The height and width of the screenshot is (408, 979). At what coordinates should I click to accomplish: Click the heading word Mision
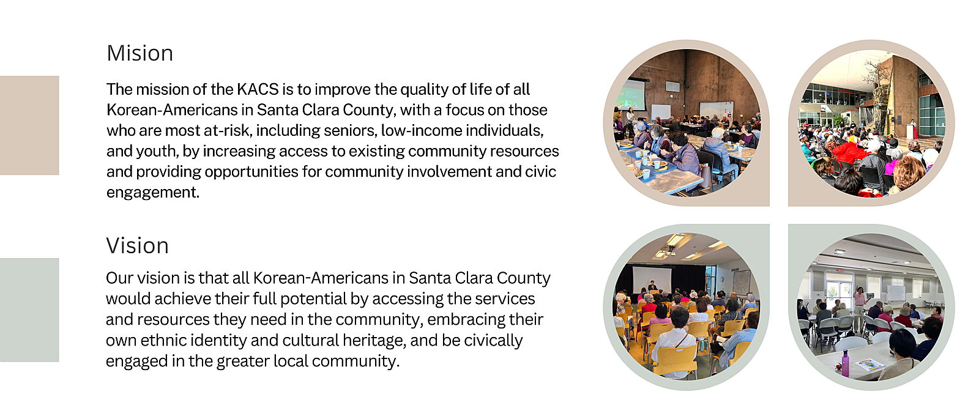pos(140,53)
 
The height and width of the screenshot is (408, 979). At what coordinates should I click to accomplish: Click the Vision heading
pos(137,245)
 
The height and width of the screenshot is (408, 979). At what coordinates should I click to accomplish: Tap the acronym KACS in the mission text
pos(258,89)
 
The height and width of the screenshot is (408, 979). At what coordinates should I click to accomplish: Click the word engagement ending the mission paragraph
pos(152,193)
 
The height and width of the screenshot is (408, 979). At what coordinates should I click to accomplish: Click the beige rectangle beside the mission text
pos(29,125)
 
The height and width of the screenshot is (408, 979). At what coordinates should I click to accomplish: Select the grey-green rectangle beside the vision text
pos(29,310)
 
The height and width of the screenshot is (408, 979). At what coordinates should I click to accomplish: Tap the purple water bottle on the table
pos(845,363)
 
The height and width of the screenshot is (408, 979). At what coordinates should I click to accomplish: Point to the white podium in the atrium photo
pos(911,130)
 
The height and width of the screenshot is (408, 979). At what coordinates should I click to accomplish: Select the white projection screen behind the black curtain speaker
pos(652,280)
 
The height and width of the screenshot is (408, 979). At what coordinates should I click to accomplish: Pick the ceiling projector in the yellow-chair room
pos(669,250)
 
